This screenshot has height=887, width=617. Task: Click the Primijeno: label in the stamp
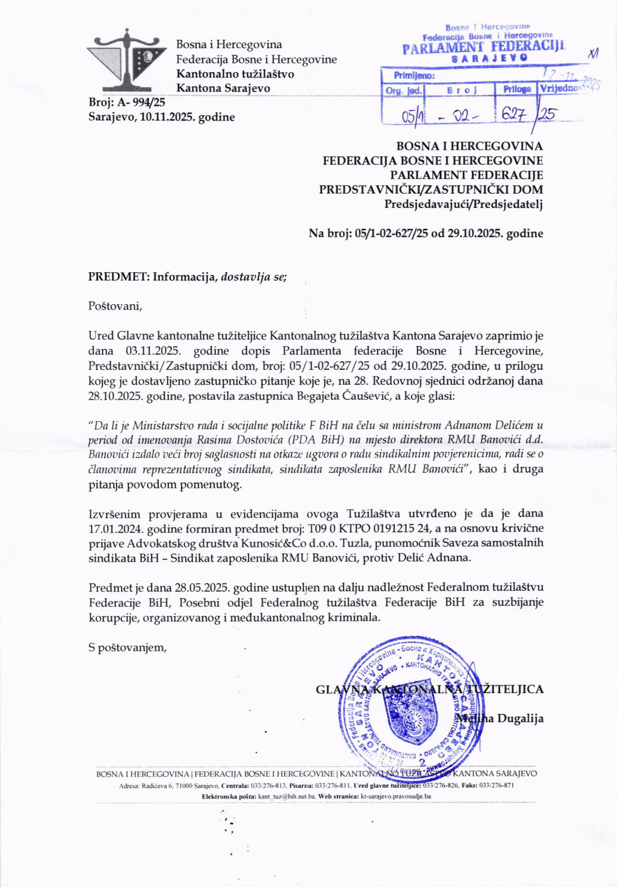414,76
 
